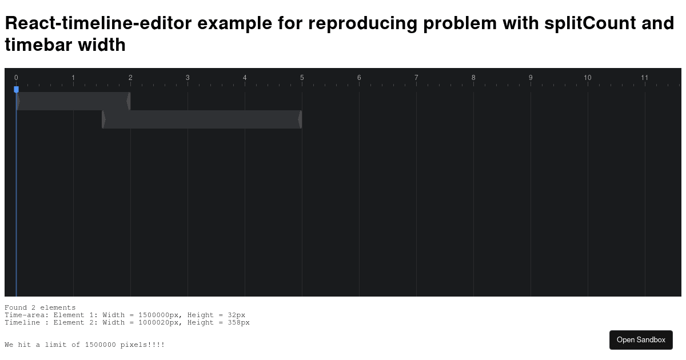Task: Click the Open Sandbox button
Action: click(641, 339)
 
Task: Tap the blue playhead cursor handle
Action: click(16, 89)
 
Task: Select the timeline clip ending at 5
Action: click(202, 119)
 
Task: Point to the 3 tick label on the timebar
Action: click(188, 78)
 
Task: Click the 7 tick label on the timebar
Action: click(416, 78)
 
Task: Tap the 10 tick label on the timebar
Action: click(588, 78)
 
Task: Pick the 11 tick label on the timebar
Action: click(645, 78)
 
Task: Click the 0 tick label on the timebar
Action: click(16, 78)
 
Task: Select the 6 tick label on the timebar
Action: click(359, 78)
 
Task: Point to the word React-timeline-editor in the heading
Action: click(99, 23)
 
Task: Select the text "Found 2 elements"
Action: click(40, 307)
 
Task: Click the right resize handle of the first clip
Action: click(129, 101)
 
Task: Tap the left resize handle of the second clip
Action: click(103, 119)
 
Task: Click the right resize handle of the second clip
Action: click(300, 119)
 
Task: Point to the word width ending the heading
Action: click(102, 45)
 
